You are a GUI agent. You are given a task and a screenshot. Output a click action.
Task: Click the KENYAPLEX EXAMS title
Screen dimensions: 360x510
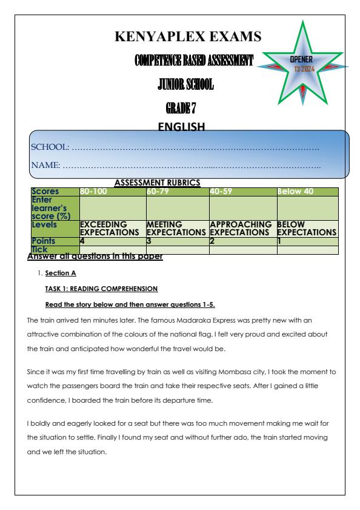(188, 38)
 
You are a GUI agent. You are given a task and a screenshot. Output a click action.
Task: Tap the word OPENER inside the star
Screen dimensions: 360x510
(302, 60)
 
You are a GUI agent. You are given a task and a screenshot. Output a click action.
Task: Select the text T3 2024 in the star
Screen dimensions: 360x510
(302, 68)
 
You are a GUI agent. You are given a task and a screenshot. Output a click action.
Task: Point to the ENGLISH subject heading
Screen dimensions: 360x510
(181, 127)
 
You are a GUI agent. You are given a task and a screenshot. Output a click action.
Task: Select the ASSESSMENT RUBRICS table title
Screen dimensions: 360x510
(158, 183)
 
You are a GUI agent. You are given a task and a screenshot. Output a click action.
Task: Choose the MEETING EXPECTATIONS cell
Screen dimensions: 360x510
(176, 229)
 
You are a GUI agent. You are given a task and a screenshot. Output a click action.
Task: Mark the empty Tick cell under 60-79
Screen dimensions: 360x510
(177, 249)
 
